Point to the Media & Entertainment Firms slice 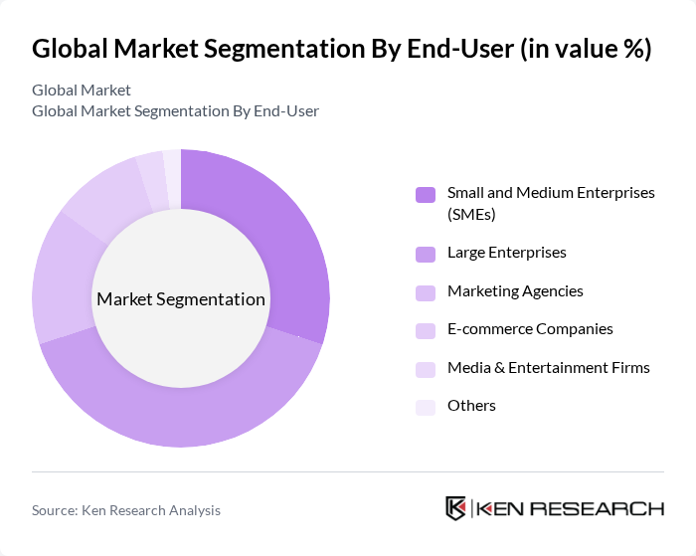click(152, 180)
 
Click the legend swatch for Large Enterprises click(426, 254)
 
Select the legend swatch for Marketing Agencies click(426, 292)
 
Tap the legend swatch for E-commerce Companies click(426, 330)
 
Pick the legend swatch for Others click(426, 407)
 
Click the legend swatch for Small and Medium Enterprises click(426, 194)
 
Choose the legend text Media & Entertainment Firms click(548, 368)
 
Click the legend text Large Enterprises click(506, 253)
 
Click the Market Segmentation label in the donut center click(181, 299)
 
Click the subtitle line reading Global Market click(82, 91)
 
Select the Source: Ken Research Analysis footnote click(126, 510)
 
